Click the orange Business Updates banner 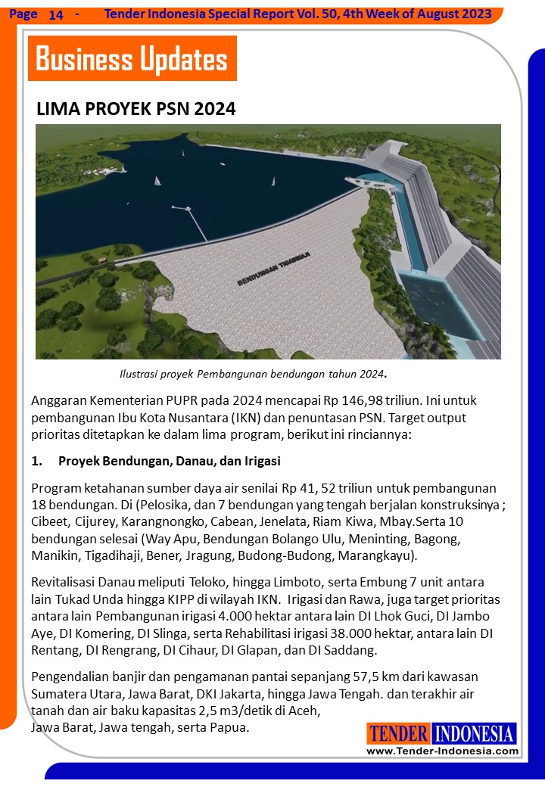coord(132,58)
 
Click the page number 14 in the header coord(56,15)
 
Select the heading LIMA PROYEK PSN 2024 coord(136,109)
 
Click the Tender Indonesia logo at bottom coord(442,733)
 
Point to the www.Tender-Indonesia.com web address coord(442,751)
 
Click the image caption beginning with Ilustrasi coord(254,374)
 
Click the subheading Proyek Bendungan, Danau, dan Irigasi coord(170,461)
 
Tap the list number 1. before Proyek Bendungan coord(36,461)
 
